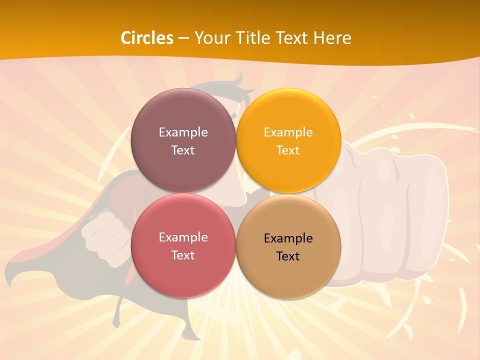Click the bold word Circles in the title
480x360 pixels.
(x=147, y=38)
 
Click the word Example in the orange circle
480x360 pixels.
(x=288, y=132)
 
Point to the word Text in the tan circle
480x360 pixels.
(x=288, y=256)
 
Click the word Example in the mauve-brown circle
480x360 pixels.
(x=183, y=132)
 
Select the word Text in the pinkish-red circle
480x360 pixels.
(x=183, y=255)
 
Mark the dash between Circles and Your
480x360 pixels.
(x=183, y=38)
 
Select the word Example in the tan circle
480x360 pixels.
(x=288, y=238)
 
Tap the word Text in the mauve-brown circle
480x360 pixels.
(x=183, y=150)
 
